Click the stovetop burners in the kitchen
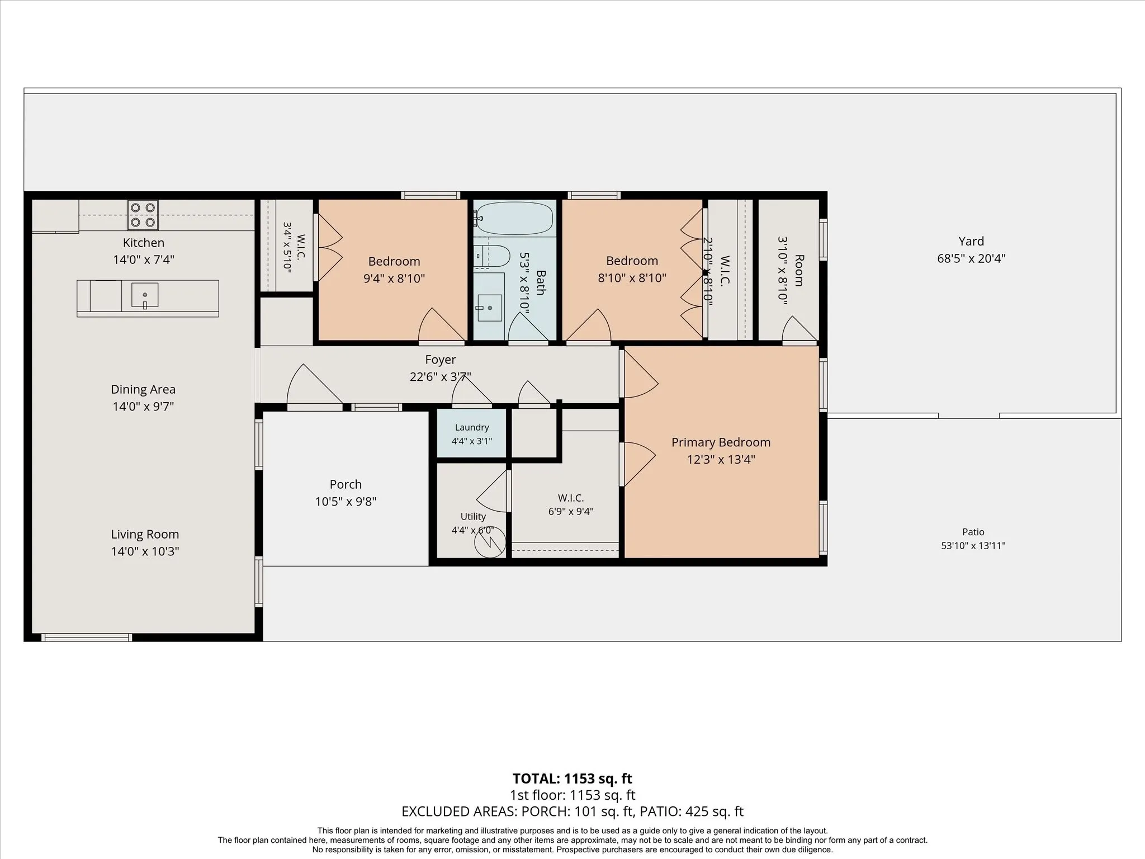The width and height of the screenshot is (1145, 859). click(x=143, y=215)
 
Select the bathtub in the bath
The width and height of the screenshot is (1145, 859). click(x=514, y=218)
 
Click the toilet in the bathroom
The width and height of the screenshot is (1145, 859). click(x=492, y=257)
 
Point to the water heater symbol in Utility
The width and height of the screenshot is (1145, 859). click(x=490, y=542)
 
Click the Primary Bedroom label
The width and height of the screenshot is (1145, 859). click(x=721, y=442)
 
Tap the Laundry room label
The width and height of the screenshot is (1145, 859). click(x=472, y=427)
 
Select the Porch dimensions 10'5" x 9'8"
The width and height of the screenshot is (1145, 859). click(x=346, y=502)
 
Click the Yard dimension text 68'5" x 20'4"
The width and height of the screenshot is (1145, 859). click(x=971, y=258)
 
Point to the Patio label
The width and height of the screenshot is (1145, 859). click(x=973, y=532)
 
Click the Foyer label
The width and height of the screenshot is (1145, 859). click(x=441, y=360)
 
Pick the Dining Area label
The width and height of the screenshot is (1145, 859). click(x=143, y=389)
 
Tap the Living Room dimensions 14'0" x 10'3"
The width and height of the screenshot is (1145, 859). click(x=145, y=551)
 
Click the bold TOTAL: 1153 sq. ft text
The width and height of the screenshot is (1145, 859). click(x=572, y=778)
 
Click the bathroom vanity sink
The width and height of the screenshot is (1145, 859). click(x=490, y=308)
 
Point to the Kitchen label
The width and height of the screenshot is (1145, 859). click(x=144, y=243)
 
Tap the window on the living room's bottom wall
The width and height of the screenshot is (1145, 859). click(x=87, y=638)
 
